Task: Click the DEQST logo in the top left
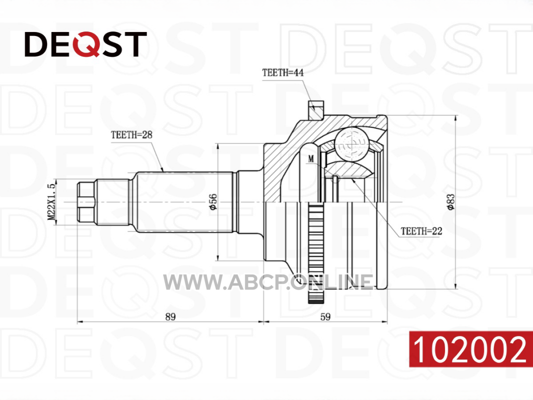click(85, 44)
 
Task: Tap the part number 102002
click(470, 349)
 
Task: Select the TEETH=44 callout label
click(283, 72)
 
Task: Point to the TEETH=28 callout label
click(131, 134)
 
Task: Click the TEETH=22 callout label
click(421, 231)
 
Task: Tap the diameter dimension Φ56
click(213, 202)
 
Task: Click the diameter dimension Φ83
click(450, 202)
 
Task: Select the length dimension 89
click(170, 316)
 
